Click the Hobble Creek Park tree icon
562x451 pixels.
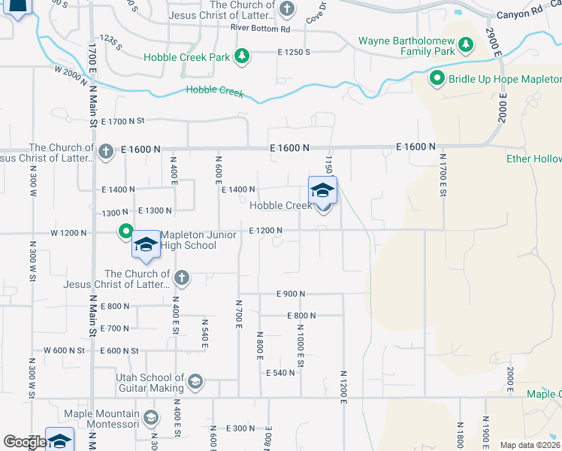click(x=241, y=56)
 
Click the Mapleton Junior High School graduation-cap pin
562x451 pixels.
click(x=146, y=245)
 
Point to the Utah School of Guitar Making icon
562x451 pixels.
click(x=195, y=382)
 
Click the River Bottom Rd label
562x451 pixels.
click(x=260, y=29)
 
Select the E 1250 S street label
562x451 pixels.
click(x=293, y=52)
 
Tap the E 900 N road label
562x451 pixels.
click(x=291, y=293)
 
